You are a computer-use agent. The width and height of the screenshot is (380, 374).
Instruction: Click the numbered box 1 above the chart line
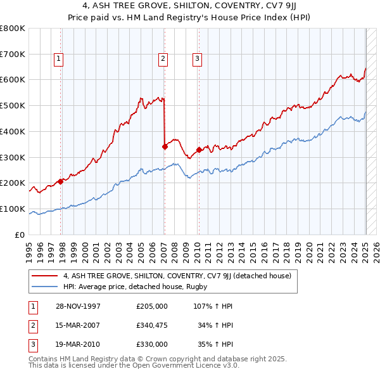(58, 59)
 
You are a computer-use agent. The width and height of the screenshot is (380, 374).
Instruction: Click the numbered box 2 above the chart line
(163, 59)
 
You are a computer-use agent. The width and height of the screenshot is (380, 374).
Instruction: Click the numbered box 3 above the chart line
(197, 59)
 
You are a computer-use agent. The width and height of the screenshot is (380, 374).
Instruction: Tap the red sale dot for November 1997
(61, 181)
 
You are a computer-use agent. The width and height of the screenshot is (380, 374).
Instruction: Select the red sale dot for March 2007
(164, 146)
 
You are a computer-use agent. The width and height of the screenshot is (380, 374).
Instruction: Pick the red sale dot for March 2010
(198, 150)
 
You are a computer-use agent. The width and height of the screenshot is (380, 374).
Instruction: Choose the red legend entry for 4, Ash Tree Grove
(177, 276)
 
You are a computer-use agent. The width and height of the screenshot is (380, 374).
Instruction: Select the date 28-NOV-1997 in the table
(78, 306)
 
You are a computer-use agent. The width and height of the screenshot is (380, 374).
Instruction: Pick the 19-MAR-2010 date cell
(78, 345)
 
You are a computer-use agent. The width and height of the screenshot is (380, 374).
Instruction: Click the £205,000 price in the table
(152, 306)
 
